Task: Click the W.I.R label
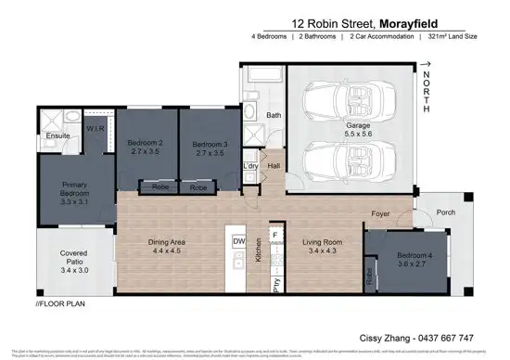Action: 94,128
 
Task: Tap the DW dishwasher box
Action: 239,241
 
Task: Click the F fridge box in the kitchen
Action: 275,236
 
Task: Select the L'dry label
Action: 250,166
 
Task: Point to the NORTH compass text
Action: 427,93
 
